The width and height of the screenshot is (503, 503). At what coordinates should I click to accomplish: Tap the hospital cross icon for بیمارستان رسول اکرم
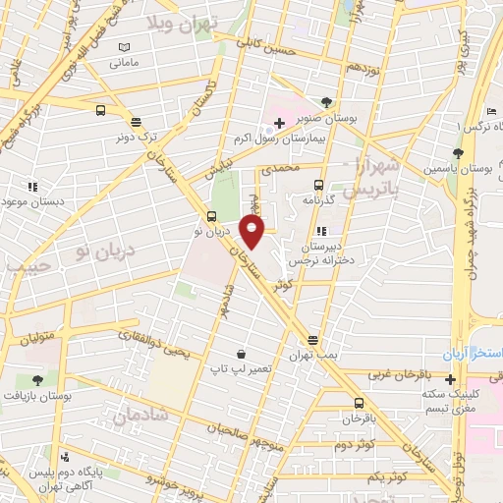tap(280, 124)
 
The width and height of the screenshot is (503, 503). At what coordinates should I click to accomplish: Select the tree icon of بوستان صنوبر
tap(326, 102)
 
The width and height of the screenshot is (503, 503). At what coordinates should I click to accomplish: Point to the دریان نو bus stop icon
tap(212, 216)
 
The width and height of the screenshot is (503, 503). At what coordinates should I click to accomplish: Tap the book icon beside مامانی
tap(123, 48)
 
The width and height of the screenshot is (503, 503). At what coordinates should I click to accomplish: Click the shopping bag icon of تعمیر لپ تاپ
tap(241, 353)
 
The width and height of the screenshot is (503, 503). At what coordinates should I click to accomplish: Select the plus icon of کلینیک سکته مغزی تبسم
tap(450, 379)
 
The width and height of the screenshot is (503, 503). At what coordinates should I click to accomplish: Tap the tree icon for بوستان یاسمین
tap(458, 152)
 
